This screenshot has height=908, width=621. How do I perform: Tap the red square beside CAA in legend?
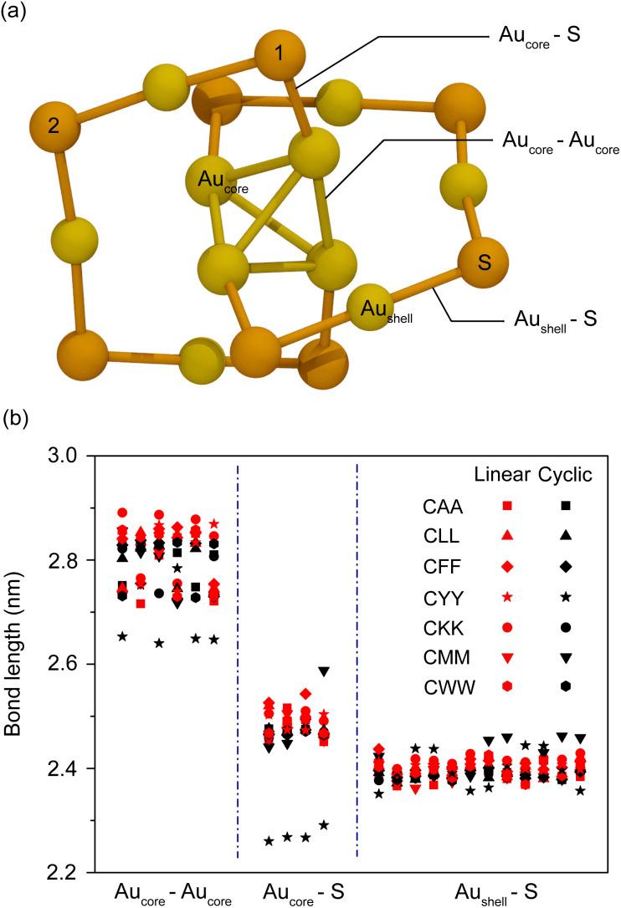coord(506,506)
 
